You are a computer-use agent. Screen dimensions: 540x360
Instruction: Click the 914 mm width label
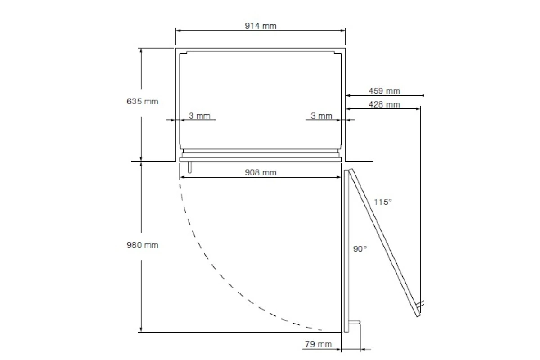pyautogui.click(x=261, y=26)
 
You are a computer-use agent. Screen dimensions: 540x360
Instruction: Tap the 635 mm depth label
pyautogui.click(x=143, y=102)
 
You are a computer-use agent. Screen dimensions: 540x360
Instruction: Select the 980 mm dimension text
pyautogui.click(x=143, y=245)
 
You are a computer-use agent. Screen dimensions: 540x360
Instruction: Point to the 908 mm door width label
pyautogui.click(x=261, y=172)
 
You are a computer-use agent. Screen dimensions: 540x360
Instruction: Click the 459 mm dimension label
pyautogui.click(x=384, y=91)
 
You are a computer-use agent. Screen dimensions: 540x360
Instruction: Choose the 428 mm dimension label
pyautogui.click(x=384, y=104)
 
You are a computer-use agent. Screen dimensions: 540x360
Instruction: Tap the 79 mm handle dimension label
pyautogui.click(x=318, y=344)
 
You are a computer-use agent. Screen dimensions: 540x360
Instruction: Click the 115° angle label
pyautogui.click(x=383, y=202)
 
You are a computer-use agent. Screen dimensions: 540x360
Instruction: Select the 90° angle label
pyautogui.click(x=360, y=249)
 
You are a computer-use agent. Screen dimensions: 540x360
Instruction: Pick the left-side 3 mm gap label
pyautogui.click(x=199, y=116)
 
